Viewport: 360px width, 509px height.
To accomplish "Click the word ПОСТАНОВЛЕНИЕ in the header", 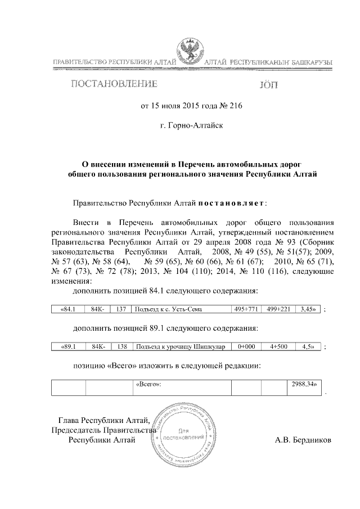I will tap(113, 85).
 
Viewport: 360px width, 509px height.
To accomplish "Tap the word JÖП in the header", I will tap(268, 85).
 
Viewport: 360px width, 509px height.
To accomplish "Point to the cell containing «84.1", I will tap(68, 309).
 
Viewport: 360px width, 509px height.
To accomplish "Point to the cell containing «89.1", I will tap(68, 347).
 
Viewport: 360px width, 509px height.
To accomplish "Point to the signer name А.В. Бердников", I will tap(303, 440).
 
